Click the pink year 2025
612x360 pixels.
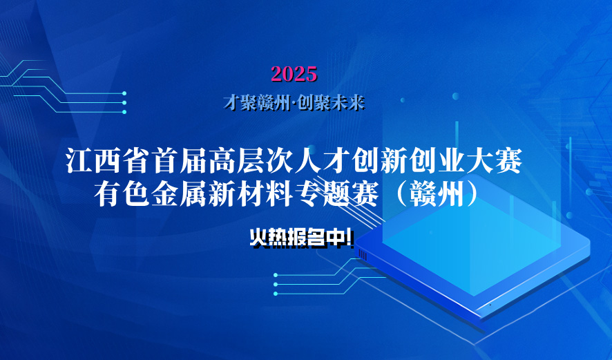pos(294,73)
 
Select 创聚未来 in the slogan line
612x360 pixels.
pos(330,103)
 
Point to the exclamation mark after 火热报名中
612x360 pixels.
pos(352,238)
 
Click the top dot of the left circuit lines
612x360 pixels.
pos(124,93)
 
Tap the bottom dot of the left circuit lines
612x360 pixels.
pos(124,112)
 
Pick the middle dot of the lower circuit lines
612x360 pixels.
pos(276,284)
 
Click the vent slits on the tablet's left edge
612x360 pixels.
pos(363,255)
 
